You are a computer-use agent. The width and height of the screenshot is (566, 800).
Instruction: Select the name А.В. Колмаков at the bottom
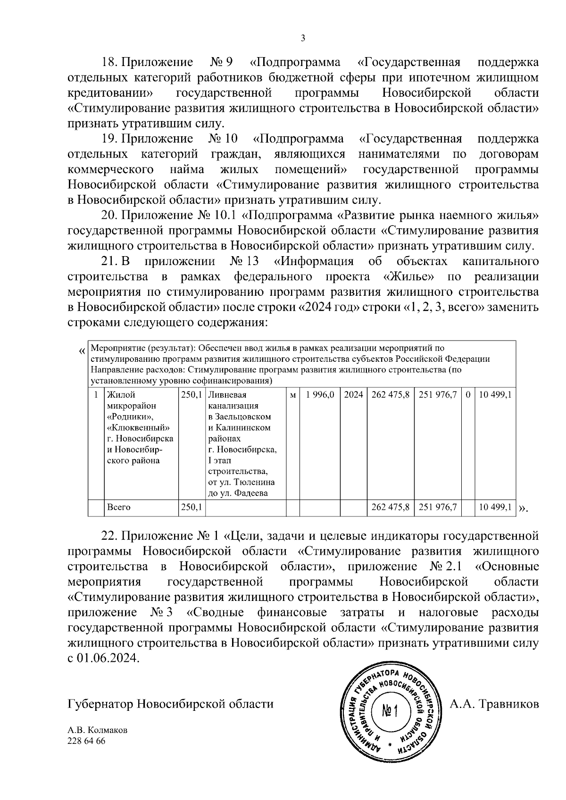pos(98,730)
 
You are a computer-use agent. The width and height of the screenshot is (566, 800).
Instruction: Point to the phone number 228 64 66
pos(87,741)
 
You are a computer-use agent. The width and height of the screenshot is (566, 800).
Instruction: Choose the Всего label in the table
pos(119,508)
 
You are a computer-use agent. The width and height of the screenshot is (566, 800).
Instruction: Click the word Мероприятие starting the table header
pos(117,349)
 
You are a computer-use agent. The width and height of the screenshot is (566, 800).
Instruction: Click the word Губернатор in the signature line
pos(100,704)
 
